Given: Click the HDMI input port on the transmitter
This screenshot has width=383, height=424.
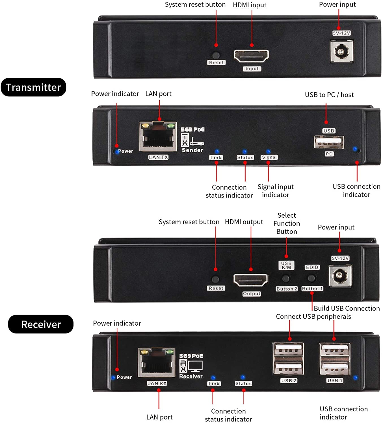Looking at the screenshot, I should pos(251,56).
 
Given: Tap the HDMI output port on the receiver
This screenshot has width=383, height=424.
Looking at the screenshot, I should pos(250,280).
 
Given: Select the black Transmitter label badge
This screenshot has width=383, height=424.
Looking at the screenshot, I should pos(33,87).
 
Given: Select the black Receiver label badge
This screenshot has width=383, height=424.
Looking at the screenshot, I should pos(41,324).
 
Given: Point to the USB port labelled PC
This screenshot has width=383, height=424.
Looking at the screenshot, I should pos(329,142).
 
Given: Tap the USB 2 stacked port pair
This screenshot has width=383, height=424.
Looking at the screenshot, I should pos(288,359).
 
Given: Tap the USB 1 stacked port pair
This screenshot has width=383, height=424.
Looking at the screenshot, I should pos(335,359).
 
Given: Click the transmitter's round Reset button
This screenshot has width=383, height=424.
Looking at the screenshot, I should pos(216,55).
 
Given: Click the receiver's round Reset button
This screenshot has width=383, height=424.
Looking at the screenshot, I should pos(215,279).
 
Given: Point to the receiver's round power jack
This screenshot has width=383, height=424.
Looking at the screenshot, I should pos(340,275).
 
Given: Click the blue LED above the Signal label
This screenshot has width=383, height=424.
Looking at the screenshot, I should pos(269,152).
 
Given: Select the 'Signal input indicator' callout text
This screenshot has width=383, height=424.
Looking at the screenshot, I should pos(276,191).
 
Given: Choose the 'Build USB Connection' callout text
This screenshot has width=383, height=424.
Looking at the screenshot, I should pos(347,308).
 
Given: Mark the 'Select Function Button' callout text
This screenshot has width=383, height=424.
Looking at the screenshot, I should pos(287,223).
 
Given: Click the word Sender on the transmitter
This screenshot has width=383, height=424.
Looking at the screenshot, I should pos(192,150).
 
